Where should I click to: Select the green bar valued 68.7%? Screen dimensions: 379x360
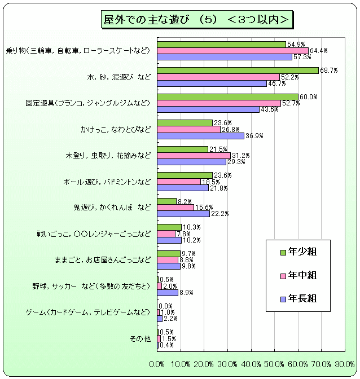[x=238, y=70]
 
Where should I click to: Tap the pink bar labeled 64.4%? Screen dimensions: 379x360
[x=232, y=50]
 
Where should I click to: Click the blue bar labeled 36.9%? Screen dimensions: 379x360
[x=200, y=135]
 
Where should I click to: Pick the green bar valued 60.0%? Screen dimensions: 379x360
[x=227, y=96]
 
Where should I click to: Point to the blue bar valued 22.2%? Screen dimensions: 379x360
[x=183, y=214]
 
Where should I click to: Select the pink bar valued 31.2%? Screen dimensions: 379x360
[x=194, y=155]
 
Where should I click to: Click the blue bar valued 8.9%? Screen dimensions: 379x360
[x=168, y=292]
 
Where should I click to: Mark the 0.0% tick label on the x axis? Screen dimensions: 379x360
[x=157, y=364]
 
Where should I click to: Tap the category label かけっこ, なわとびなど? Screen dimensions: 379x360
[x=116, y=130]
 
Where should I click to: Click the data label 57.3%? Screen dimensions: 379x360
[x=302, y=57]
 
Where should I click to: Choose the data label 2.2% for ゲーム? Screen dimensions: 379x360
[x=170, y=319]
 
